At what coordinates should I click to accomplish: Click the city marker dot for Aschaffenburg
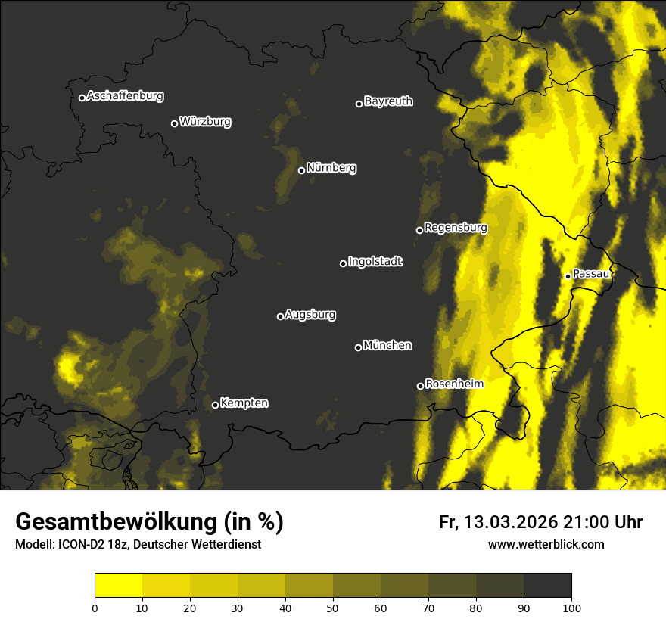(82, 98)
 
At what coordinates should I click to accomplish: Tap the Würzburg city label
(205, 122)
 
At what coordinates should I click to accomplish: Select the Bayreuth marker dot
(359, 104)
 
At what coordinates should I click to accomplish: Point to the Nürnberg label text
(331, 168)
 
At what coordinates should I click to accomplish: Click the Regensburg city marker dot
(419, 230)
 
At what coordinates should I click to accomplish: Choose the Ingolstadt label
(375, 262)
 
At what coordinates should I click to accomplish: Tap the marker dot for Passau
(568, 276)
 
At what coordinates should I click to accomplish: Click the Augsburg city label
(310, 315)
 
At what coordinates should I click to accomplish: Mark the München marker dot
(358, 348)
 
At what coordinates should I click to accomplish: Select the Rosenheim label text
(454, 384)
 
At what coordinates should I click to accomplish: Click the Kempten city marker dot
(215, 405)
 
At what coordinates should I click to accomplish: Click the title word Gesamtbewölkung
(113, 522)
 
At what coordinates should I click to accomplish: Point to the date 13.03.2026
(511, 522)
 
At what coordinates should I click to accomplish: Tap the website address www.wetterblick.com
(546, 544)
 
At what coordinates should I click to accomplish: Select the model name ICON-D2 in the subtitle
(77, 545)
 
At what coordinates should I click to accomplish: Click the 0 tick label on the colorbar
(95, 607)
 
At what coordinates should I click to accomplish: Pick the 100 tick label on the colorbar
(571, 607)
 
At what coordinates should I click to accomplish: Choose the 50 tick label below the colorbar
(333, 607)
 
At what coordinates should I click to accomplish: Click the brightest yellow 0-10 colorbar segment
(118, 586)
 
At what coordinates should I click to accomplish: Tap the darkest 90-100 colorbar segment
(547, 586)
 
